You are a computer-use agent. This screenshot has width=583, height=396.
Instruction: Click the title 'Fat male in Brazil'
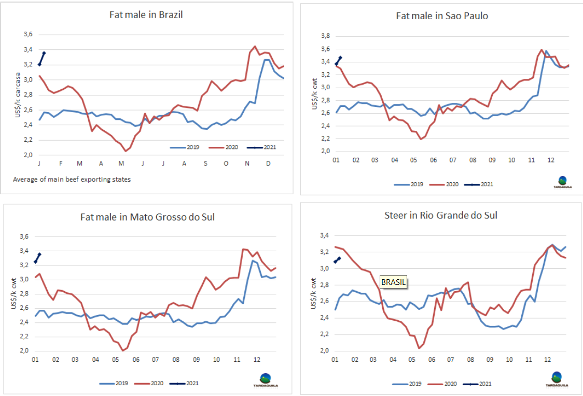pos(146,15)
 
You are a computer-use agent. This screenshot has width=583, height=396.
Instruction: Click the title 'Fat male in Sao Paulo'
pos(442,16)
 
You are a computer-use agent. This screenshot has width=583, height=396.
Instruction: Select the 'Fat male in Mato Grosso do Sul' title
pos(147,217)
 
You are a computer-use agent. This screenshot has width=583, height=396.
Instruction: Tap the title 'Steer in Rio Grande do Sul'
pos(441,215)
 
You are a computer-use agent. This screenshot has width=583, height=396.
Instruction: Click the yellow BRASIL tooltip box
pos(394,282)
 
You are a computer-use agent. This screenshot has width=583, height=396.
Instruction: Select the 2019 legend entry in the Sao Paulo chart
pos(409,184)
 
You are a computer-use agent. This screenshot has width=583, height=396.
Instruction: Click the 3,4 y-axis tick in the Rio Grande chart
pos(324,236)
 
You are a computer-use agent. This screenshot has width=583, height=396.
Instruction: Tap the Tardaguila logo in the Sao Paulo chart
pos(561,182)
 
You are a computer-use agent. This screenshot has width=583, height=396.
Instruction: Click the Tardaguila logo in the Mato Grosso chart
pos(265,380)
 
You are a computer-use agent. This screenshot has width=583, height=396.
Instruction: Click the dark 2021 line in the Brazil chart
pos(42,58)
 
